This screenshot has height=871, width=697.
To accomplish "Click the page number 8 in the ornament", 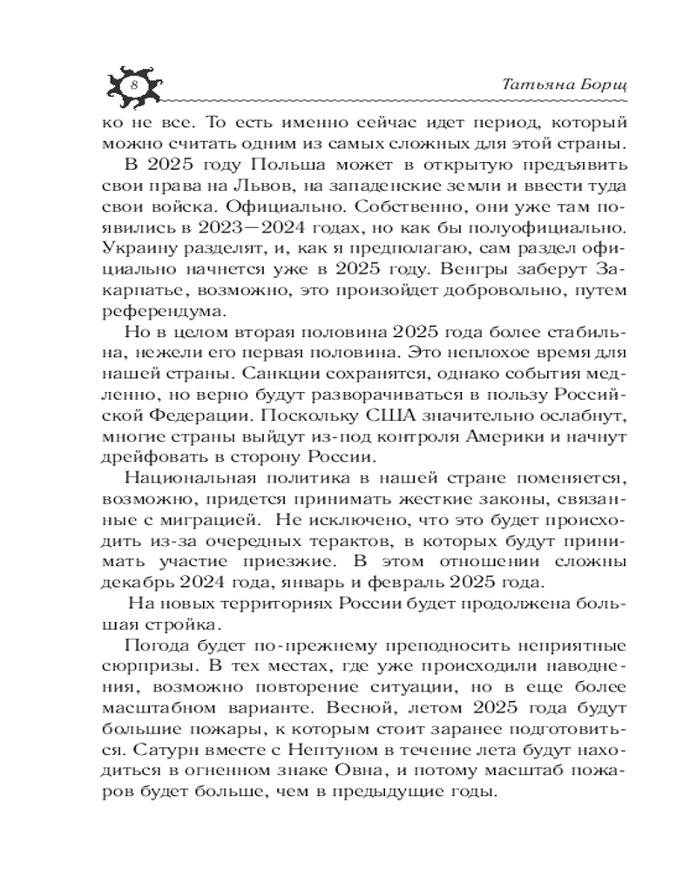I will click(133, 84).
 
